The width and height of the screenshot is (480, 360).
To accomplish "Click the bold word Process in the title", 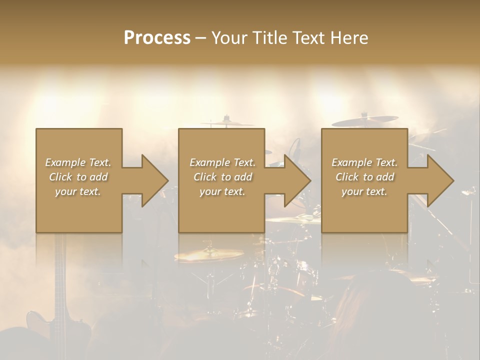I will click(157, 38).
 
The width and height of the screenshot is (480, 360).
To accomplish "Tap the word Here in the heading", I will click(349, 38).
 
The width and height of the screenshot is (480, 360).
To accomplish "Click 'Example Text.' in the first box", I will click(78, 162).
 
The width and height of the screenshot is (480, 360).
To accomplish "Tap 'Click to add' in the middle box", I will click(222, 177).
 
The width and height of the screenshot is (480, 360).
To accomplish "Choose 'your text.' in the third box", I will click(364, 191).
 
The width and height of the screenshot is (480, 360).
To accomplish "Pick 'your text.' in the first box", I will click(78, 191).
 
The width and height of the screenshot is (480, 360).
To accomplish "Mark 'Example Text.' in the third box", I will click(364, 162).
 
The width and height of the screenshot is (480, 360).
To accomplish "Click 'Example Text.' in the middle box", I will click(222, 162).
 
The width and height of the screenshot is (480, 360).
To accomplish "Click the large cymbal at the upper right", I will click(365, 121).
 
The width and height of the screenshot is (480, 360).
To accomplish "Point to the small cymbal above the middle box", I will click(227, 122).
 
